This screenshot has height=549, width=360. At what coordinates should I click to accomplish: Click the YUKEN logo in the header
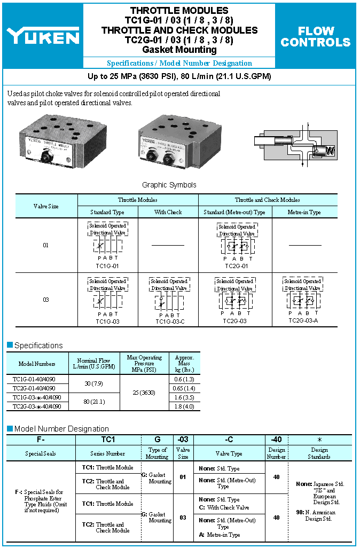(x=43, y=36)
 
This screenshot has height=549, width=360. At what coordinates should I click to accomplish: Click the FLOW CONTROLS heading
(x=316, y=36)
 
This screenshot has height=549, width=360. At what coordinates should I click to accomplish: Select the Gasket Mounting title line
(x=178, y=50)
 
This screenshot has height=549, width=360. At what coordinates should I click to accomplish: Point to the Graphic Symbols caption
(x=169, y=185)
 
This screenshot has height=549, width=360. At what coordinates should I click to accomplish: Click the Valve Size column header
(x=46, y=206)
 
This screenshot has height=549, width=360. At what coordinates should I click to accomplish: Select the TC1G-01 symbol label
(x=107, y=265)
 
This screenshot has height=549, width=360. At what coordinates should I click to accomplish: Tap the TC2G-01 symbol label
(x=236, y=265)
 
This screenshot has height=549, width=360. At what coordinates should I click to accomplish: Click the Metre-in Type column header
(x=304, y=212)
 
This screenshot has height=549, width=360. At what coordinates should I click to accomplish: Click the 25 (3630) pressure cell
(x=144, y=393)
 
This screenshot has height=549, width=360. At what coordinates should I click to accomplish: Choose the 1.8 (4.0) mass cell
(x=184, y=406)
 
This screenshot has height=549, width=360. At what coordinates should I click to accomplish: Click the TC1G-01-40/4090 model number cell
(x=37, y=379)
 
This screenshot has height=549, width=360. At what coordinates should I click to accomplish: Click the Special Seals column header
(x=41, y=453)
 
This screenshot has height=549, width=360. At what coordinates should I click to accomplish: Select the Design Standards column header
(x=319, y=453)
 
